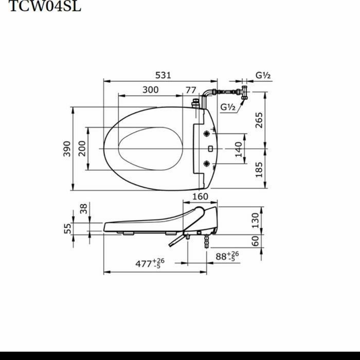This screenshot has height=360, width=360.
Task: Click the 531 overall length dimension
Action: [163, 75]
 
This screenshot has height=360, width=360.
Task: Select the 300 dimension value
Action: [150, 89]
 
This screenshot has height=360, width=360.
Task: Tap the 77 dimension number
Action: [190, 89]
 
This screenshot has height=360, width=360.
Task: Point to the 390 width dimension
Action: [67, 149]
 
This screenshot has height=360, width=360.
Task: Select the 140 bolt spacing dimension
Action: [238, 150]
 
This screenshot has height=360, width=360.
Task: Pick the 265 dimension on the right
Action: [259, 120]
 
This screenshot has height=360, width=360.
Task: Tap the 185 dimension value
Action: [259, 169]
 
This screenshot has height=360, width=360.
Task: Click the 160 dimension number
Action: [200, 196]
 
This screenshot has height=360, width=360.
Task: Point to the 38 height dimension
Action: [84, 208]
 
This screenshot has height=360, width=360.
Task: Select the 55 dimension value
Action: [67, 228]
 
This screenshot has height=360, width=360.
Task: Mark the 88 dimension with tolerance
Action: [227, 256]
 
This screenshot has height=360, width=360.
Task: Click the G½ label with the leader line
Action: [228, 107]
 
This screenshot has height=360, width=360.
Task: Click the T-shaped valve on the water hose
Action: [244, 93]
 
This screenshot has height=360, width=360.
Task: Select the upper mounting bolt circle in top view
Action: [207, 134]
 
